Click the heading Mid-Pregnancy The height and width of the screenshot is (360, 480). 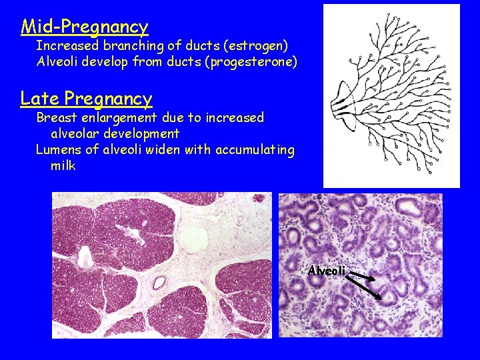tap(85, 27)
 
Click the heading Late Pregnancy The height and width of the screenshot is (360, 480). tap(87, 99)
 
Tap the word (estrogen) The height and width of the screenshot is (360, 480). tap(257, 46)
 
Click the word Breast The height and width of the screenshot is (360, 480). tap(57, 118)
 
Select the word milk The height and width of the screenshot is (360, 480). tap(63, 165)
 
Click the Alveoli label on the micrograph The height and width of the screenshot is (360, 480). tap(327, 271)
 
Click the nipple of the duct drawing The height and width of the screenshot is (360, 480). tap(335, 103)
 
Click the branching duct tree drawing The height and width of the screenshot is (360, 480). tap(393, 97)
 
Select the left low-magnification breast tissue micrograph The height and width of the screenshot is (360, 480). tap(162, 265)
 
